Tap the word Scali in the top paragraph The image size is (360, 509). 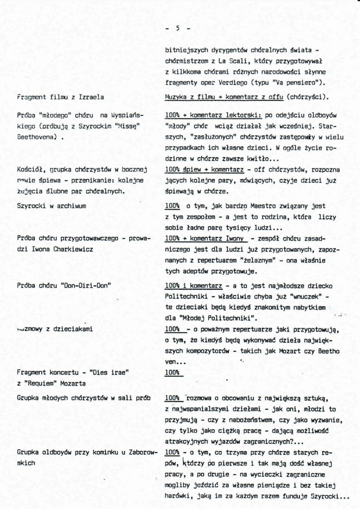(x=233, y=60)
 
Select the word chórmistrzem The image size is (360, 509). (x=185, y=60)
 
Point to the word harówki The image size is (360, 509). (x=178, y=496)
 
